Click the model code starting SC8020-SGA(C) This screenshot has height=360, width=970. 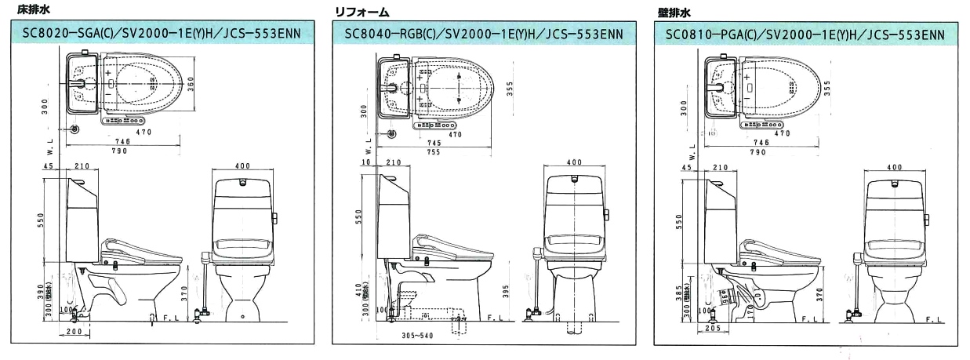point(158,34)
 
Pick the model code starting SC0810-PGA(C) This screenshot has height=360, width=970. point(800,34)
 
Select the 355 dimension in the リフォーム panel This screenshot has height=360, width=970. point(510,88)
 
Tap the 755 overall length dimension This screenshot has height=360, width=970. point(434,152)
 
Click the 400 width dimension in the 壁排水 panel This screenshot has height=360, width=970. point(893,167)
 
